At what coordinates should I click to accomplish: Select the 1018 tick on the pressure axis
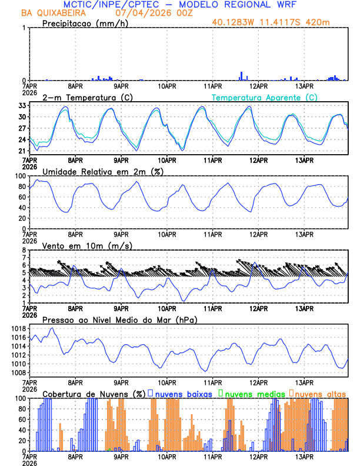17,328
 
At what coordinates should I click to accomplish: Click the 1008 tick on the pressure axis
17,372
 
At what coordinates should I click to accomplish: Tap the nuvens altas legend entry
320,393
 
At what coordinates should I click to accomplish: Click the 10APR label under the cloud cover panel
167,456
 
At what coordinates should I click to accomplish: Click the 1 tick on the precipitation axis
24,28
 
